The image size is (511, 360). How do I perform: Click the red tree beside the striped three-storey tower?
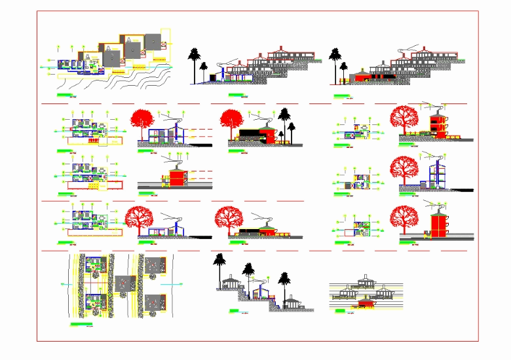point(405,118)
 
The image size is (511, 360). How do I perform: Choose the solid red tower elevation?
point(436,223)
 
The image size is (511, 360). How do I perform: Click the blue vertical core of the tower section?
point(434,175)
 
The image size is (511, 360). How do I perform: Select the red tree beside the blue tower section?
point(405,170)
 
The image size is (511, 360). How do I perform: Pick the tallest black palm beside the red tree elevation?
point(284,122)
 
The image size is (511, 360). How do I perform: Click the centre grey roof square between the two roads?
point(125,284)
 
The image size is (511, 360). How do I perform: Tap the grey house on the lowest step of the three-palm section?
point(292,302)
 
